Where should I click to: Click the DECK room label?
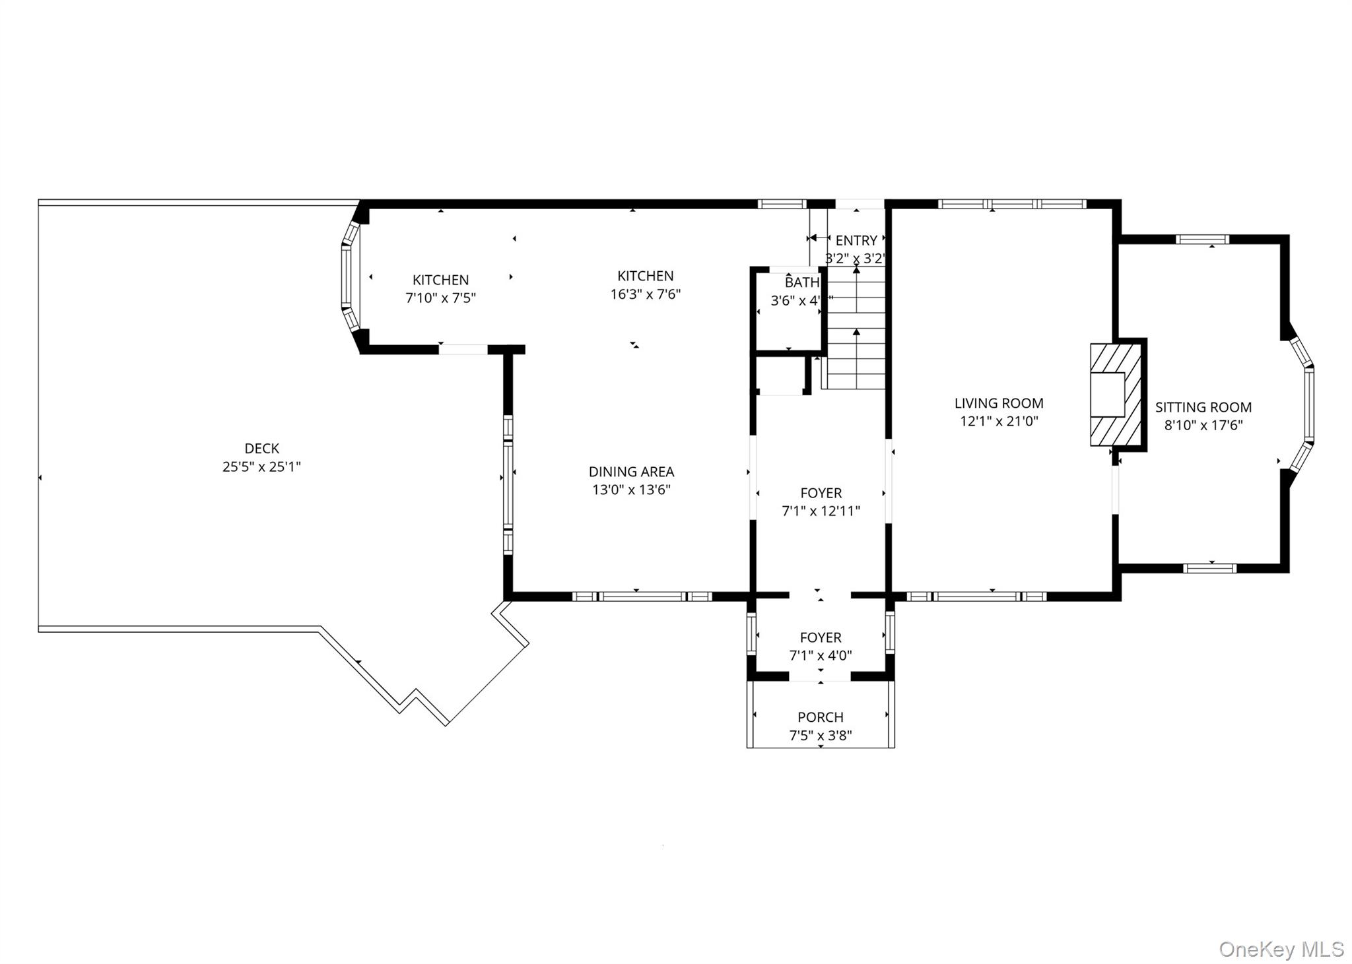click(261, 448)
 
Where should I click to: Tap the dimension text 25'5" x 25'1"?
click(261, 466)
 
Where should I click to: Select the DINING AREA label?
click(631, 471)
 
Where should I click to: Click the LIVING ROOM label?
click(999, 402)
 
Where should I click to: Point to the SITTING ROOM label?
click(1203, 407)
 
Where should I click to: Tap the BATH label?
click(801, 282)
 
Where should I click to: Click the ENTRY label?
click(856, 240)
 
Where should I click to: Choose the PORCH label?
click(820, 717)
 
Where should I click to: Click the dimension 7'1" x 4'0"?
click(820, 655)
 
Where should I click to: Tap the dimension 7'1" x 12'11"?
click(821, 510)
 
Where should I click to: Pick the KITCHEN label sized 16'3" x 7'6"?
click(645, 276)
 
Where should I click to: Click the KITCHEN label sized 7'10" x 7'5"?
click(440, 280)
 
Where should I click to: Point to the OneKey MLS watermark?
click(1281, 949)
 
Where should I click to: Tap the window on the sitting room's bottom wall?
click(1209, 567)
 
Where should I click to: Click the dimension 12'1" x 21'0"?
click(999, 421)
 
